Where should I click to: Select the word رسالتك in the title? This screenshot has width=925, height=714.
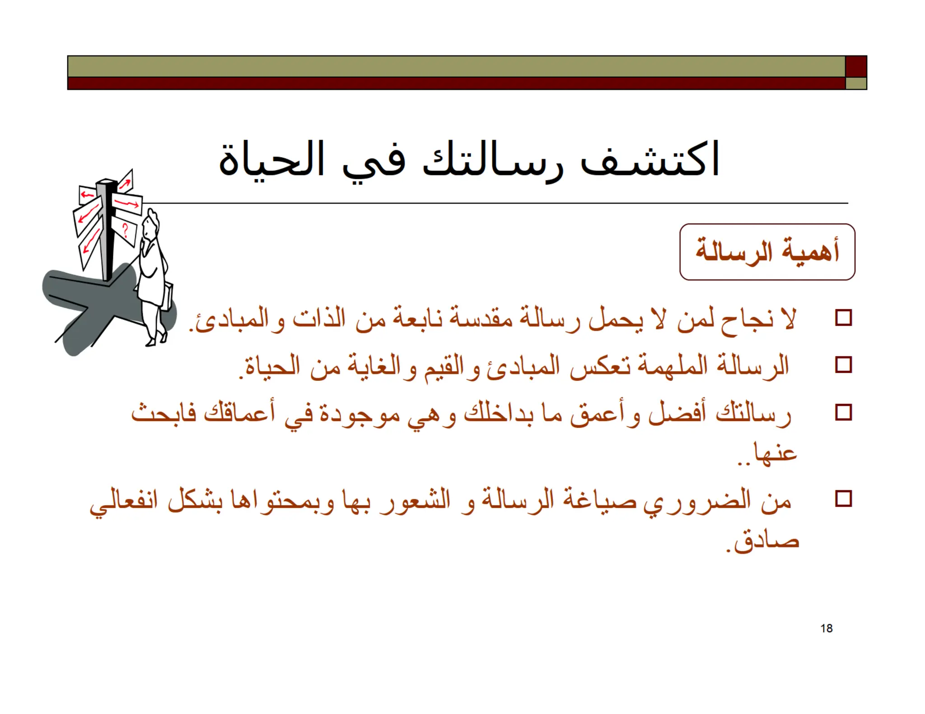point(492,162)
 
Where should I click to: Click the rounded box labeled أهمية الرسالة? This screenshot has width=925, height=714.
point(767,252)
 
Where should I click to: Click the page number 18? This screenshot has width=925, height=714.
point(826,628)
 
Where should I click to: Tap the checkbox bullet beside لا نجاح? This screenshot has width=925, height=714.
point(843,318)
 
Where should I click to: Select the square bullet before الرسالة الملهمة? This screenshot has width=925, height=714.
point(843,365)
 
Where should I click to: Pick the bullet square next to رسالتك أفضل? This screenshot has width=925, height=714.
point(843,413)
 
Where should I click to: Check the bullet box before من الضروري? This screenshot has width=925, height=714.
point(843,499)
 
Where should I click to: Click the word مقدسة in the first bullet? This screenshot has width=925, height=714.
point(475,320)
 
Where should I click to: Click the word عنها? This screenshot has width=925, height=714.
point(774,453)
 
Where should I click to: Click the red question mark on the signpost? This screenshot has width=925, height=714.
point(125,231)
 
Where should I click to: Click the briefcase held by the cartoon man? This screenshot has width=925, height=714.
point(166,296)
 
